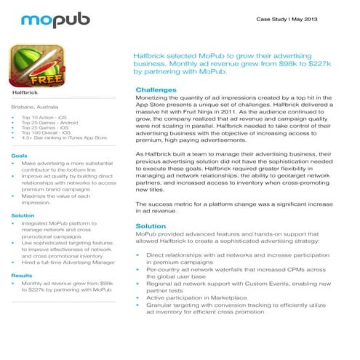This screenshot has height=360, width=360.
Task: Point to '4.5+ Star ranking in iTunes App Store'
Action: click(x=65, y=137)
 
